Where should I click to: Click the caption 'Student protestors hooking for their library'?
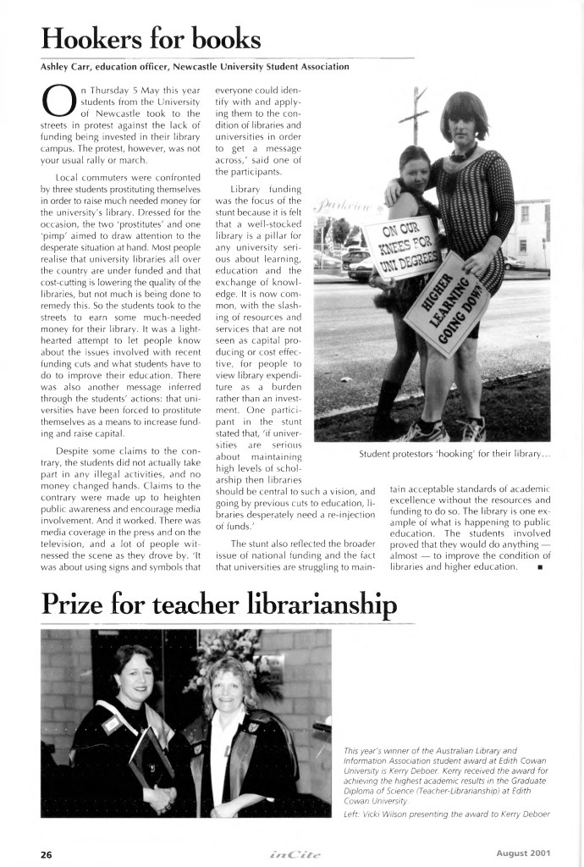pyautogui.click(x=455, y=454)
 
